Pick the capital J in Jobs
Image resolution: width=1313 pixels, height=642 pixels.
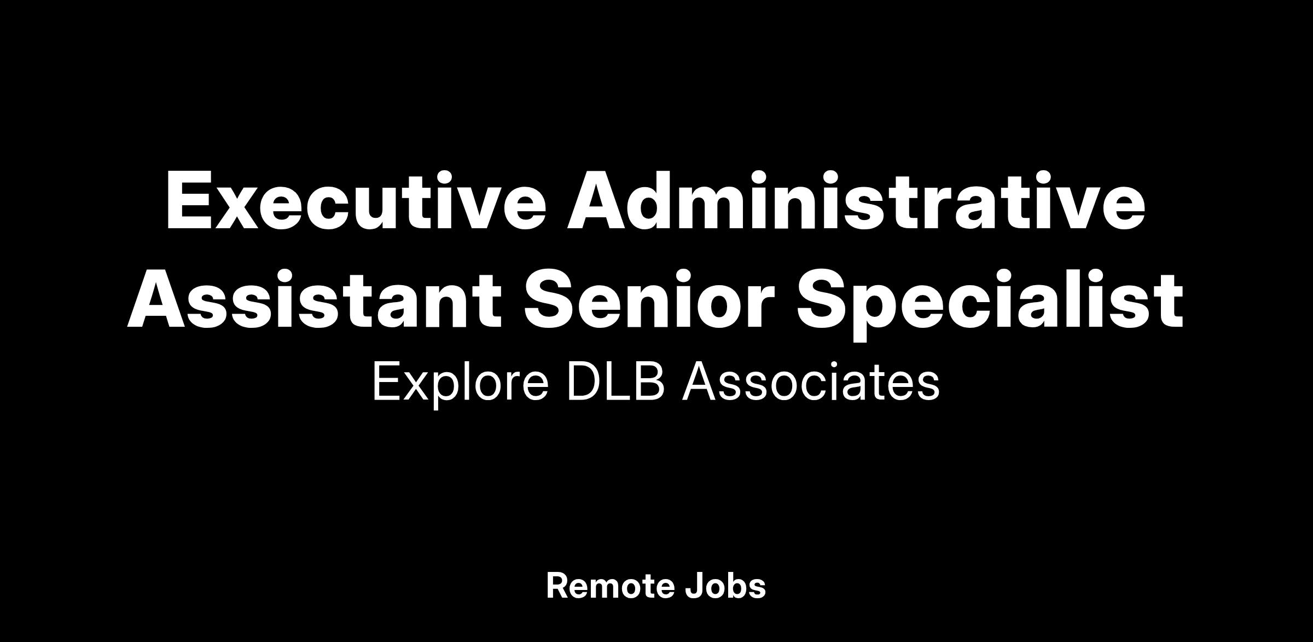(694, 586)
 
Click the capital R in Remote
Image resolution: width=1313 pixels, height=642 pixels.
(558, 586)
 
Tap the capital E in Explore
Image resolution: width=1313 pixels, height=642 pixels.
(385, 382)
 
